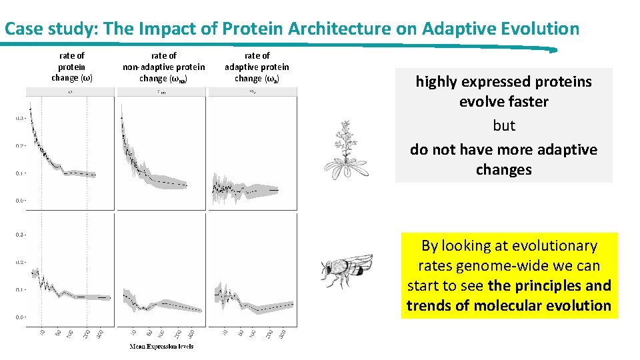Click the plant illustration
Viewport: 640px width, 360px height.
344,149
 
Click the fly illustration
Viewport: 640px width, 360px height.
346,268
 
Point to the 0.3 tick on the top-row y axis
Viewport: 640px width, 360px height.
20,118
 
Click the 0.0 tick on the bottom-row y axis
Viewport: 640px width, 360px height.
20,317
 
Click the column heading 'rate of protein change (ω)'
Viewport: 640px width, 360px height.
72,67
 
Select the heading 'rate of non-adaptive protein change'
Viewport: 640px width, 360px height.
163,67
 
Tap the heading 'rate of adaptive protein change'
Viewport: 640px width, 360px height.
257,67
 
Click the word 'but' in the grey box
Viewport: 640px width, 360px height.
504,126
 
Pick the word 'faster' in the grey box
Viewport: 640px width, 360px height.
526,102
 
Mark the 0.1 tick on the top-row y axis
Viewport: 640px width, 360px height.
20,173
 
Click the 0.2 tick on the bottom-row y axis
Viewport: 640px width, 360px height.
20,262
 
